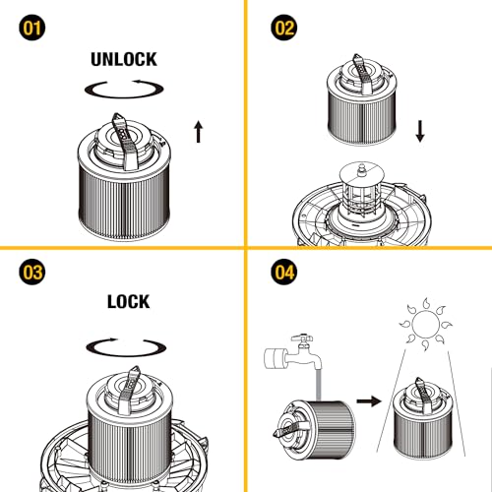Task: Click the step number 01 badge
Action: click(x=32, y=28)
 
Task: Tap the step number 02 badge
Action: click(x=284, y=28)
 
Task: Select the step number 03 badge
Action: click(x=32, y=272)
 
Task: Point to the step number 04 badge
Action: click(x=284, y=272)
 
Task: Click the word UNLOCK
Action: click(x=124, y=59)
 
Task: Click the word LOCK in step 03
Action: click(x=129, y=301)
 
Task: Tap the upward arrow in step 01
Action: click(x=198, y=132)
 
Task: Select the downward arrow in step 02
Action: click(x=420, y=131)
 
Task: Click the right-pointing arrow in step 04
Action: click(x=369, y=400)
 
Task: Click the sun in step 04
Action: click(x=425, y=325)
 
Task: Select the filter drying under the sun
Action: click(x=423, y=418)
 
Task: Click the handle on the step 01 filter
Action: click(x=125, y=142)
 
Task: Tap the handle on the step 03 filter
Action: click(x=129, y=390)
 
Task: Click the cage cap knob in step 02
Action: click(x=361, y=169)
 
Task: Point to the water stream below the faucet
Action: click(x=318, y=385)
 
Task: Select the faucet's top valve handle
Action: click(x=302, y=338)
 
